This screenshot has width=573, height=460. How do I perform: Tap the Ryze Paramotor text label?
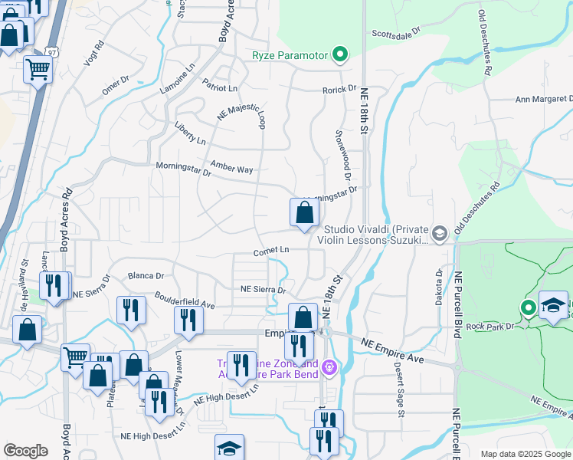pos(290,55)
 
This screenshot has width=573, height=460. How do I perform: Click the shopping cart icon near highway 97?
pos(38,71)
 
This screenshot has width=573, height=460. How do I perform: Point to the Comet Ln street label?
pos(272,251)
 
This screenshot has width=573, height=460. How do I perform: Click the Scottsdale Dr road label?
pos(397,33)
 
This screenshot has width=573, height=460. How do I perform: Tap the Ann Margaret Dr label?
pos(543,99)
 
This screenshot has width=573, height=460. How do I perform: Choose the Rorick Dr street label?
pos(339,89)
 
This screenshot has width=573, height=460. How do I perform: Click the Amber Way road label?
pos(232,169)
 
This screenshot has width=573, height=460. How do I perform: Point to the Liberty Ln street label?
pos(190,133)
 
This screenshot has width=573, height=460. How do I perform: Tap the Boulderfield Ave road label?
pos(185,299)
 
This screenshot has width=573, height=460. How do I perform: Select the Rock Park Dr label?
pos(493,325)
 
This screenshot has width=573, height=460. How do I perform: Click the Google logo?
pos(26,450)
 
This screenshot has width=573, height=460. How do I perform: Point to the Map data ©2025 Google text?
pos(525,454)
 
